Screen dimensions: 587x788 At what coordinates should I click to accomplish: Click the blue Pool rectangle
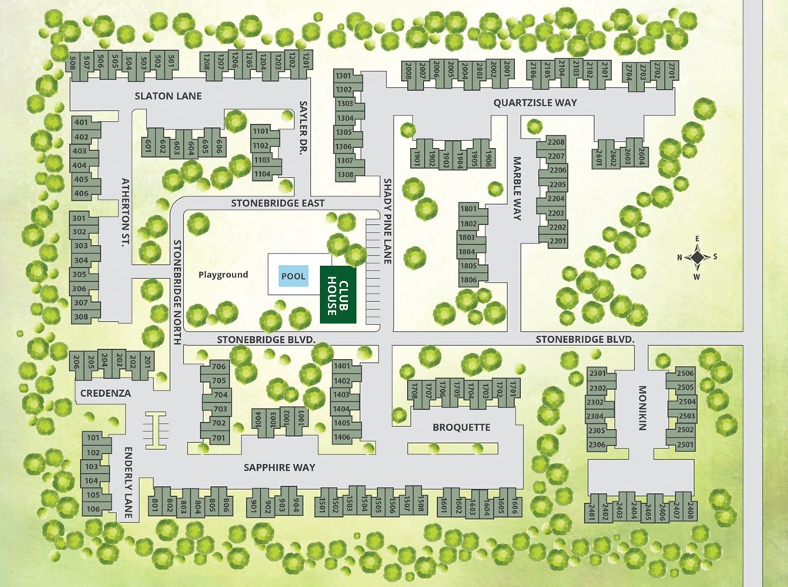292,276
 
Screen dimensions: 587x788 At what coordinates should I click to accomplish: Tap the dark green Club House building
338,294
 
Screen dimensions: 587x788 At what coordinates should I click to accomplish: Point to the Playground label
223,275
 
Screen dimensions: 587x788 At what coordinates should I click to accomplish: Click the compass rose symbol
697,257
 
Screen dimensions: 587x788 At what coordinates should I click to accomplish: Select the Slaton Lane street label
168,96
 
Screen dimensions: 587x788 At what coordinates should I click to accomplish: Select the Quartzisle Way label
536,102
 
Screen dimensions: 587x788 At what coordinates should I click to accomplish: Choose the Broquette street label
461,427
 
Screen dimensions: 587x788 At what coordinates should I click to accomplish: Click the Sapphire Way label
279,467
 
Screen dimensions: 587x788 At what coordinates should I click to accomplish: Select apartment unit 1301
343,76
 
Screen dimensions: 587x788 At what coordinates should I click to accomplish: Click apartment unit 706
219,367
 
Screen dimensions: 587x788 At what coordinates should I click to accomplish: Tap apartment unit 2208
556,143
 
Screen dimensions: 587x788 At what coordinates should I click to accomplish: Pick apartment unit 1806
468,280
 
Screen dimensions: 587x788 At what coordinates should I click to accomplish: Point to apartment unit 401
81,122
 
